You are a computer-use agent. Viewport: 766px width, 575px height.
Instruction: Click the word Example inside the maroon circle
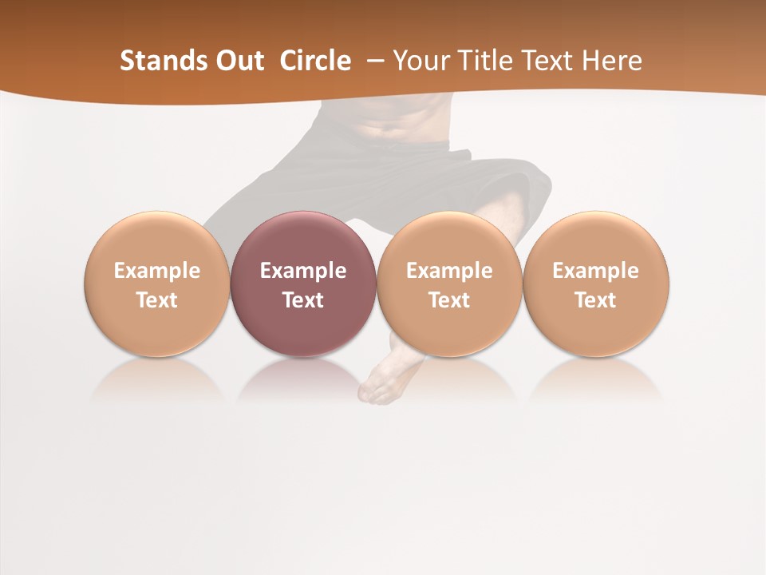303,271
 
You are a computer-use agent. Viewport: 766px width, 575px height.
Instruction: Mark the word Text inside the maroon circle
303,300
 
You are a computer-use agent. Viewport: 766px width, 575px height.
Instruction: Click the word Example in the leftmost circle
157,271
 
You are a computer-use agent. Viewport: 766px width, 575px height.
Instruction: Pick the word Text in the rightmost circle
595,300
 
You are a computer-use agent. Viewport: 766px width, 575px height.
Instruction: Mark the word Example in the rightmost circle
595,271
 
